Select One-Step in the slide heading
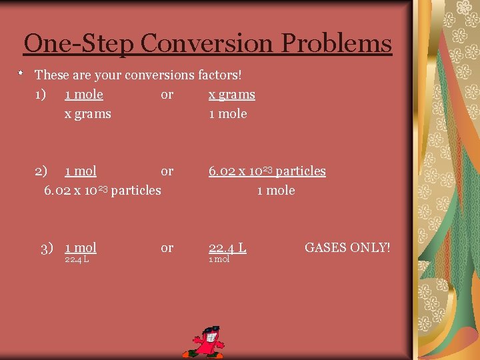[x=79, y=44]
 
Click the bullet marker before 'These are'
[x=21, y=71]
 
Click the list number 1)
[x=41, y=95]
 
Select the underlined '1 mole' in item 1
[x=84, y=95]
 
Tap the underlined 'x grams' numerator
[x=231, y=95]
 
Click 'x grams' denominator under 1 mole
[x=87, y=114]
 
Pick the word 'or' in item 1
[x=167, y=95]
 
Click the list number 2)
[x=41, y=171]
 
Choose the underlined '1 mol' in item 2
[x=80, y=171]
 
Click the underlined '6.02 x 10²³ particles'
[x=267, y=171]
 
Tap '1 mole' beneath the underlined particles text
[x=276, y=191]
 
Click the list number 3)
[x=47, y=248]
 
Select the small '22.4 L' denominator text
[x=77, y=260]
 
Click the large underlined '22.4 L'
[x=227, y=248]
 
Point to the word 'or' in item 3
[x=167, y=248]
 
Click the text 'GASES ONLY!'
[x=347, y=248]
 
